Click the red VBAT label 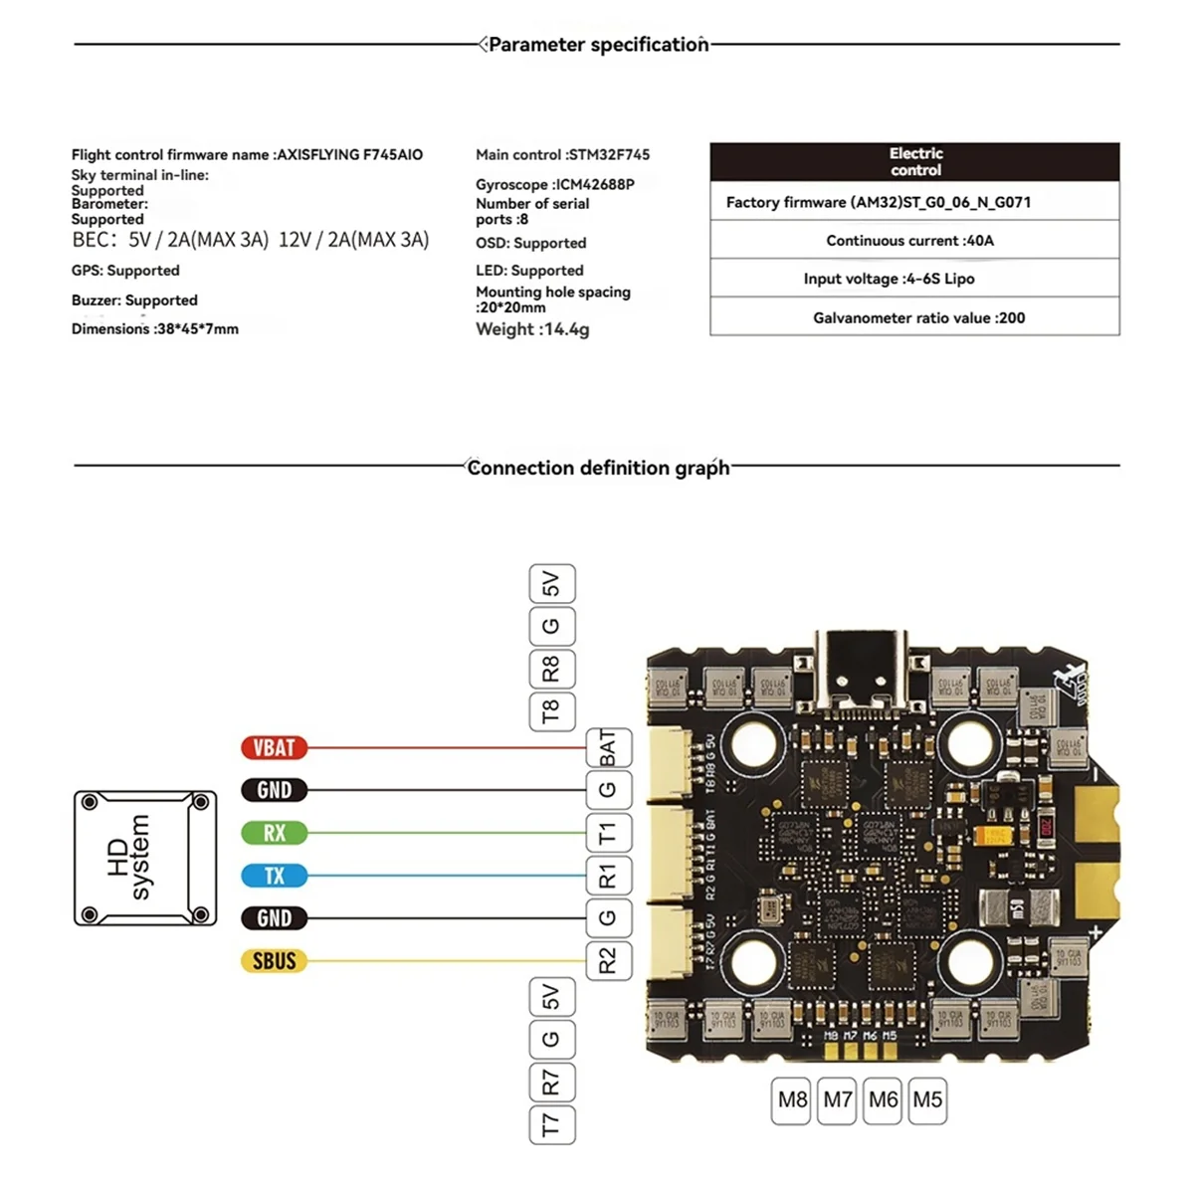(x=274, y=747)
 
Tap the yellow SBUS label (x=274, y=961)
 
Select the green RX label (x=274, y=833)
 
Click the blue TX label (x=274, y=876)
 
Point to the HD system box (x=145, y=858)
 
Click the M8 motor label (x=792, y=1100)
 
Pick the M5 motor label (x=927, y=1100)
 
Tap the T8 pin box (x=551, y=711)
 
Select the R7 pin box (x=551, y=1082)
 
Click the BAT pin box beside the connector (x=608, y=747)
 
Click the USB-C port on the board (x=862, y=665)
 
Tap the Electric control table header (x=914, y=162)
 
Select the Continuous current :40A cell (x=914, y=240)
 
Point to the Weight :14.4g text (x=532, y=329)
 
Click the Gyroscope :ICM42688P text (x=554, y=184)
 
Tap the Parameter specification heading (x=597, y=45)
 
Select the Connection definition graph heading (x=597, y=468)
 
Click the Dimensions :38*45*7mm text (x=155, y=329)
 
